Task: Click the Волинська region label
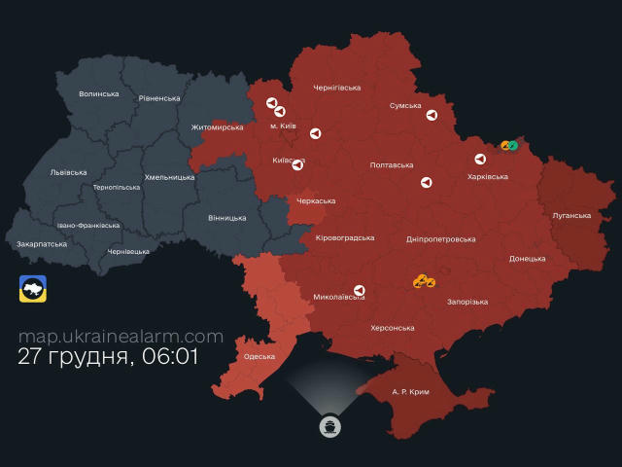coord(99,94)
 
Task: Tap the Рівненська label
coord(159,98)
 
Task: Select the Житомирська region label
coord(217,126)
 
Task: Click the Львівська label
coord(68,172)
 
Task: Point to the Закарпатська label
coord(42,244)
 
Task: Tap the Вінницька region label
coord(226,218)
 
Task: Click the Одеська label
coord(259,357)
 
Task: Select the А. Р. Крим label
coord(410,391)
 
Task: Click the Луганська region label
coord(570,215)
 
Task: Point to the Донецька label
coord(528,259)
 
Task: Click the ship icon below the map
coord(330,426)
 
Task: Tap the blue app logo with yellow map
coord(33,289)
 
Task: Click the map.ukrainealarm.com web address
coord(121,337)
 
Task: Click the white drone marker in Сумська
coord(432,115)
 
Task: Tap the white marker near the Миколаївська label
coord(360,290)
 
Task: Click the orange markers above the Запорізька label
coord(424,281)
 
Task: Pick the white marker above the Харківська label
coord(478,160)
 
